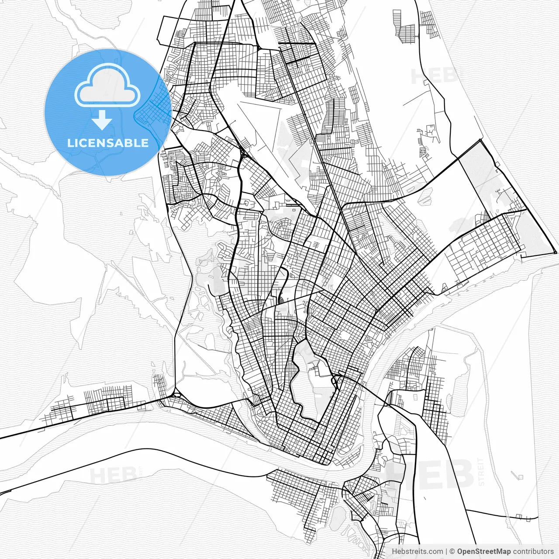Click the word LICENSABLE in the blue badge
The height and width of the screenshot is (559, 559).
click(107, 143)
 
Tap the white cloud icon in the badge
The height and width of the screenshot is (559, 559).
click(107, 86)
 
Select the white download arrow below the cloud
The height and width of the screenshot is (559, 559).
click(102, 119)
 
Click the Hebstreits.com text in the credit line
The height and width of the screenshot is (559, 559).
click(417, 552)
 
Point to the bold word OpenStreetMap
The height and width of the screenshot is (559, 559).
click(484, 552)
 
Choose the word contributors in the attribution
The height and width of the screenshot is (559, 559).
click(533, 552)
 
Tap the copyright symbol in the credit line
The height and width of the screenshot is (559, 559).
click(452, 552)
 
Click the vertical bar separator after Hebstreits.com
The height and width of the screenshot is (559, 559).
click(446, 552)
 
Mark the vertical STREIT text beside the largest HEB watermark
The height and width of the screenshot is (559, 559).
click(481, 472)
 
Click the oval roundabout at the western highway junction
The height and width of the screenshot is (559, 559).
click(177, 395)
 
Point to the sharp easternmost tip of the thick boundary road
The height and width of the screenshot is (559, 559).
click(556, 253)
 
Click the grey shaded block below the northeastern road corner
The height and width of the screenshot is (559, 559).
click(478, 170)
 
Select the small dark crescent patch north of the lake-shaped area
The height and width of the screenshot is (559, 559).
click(281, 300)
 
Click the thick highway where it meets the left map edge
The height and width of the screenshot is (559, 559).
click(2, 436)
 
